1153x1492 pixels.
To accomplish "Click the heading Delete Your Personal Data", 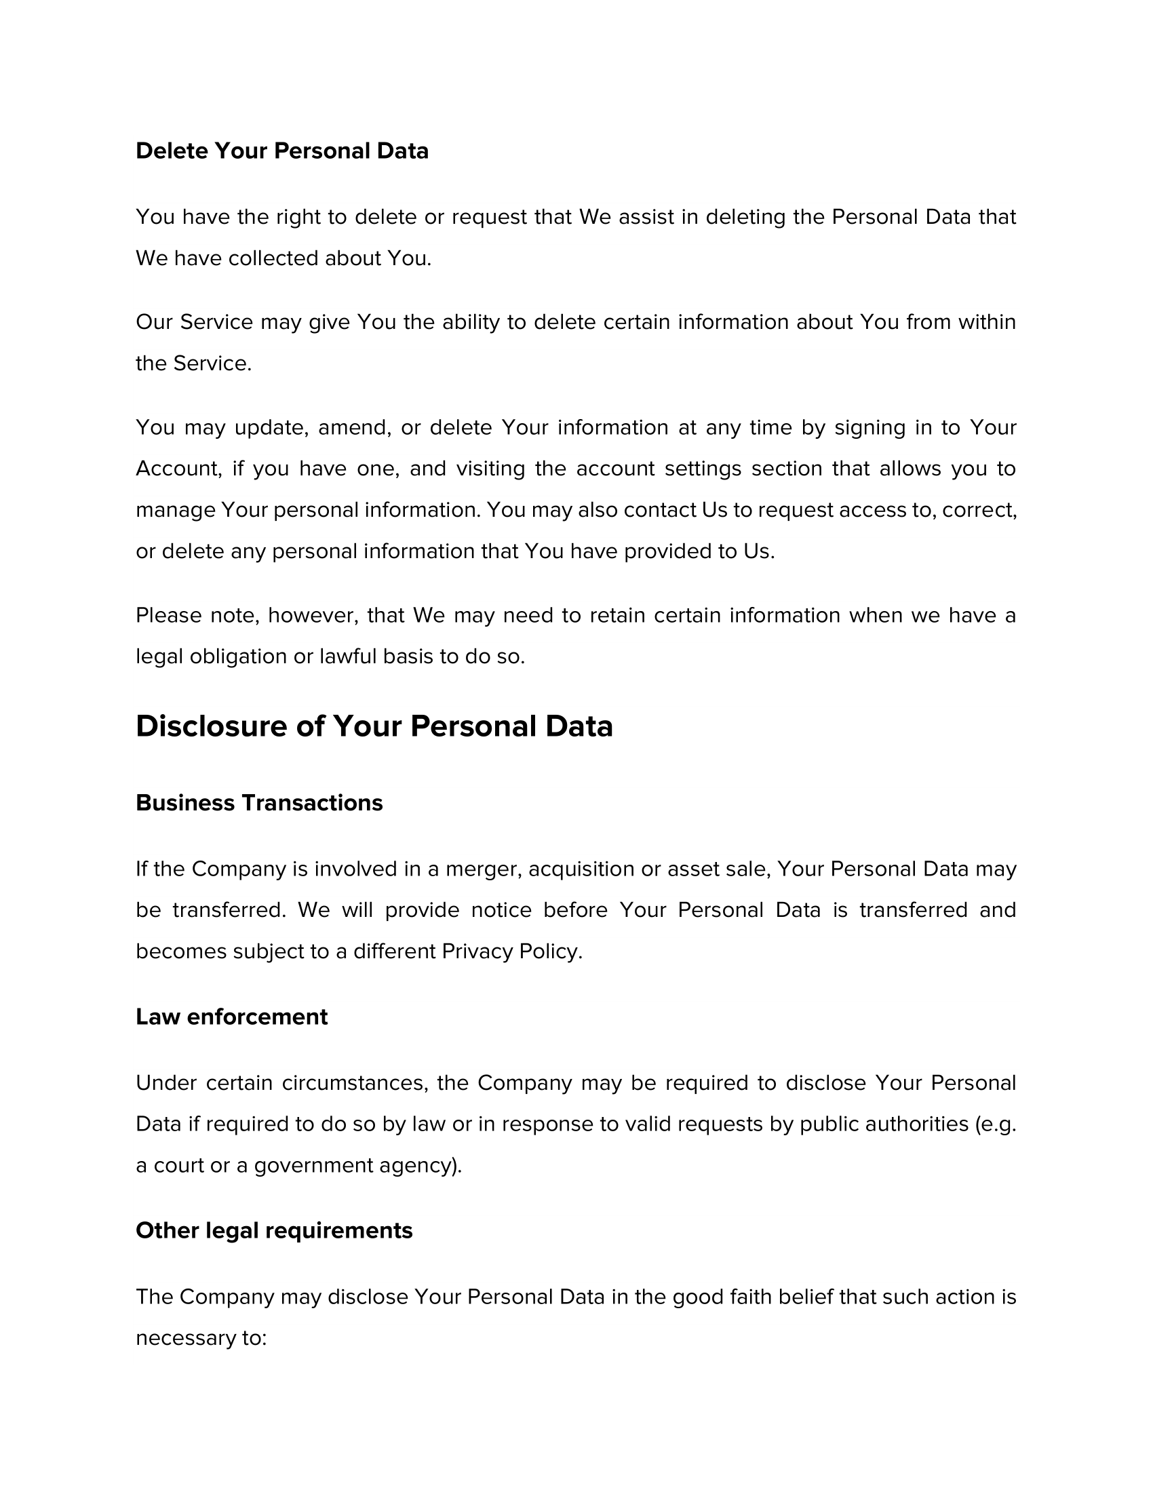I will point(282,151).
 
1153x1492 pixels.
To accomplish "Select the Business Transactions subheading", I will point(259,803).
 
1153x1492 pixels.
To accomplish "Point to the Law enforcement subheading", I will point(231,1017).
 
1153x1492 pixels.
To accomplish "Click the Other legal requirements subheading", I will point(274,1230).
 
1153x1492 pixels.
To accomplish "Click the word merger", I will point(484,869).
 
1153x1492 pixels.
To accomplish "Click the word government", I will point(313,1165).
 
